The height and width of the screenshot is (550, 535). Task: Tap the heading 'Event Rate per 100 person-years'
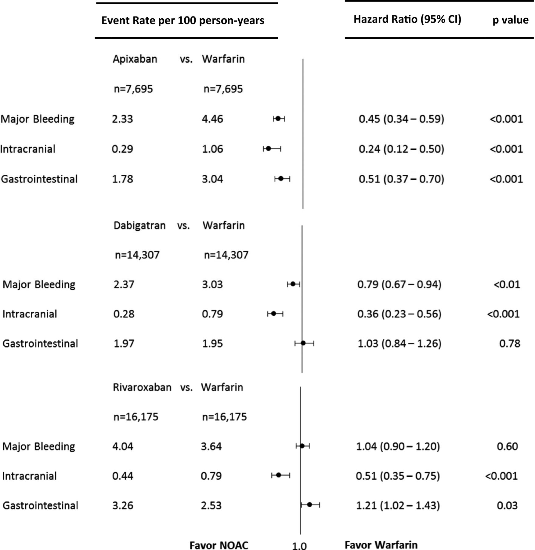[x=183, y=21]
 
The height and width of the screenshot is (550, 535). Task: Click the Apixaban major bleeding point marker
[x=278, y=119]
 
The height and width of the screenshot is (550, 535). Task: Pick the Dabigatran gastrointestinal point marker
[x=303, y=343]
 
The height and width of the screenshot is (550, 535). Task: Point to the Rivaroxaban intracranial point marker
[x=279, y=475]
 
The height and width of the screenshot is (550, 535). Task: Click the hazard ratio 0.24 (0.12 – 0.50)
[x=401, y=149]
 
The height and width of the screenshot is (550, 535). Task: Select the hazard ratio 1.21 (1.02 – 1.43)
[x=398, y=505]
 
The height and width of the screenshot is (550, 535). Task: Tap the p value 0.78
[x=510, y=344]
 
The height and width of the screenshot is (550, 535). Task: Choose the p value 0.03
[x=507, y=505]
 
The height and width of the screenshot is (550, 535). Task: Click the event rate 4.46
[x=212, y=119]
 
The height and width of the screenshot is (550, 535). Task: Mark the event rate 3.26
[x=123, y=505]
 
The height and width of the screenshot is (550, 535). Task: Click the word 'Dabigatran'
[x=139, y=226]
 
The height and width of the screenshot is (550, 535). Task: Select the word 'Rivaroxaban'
[x=142, y=387]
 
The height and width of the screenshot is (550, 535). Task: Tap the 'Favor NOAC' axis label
[x=219, y=545]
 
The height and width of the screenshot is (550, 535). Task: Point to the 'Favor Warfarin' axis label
[x=381, y=545]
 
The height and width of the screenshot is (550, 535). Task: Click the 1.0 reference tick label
[x=299, y=546]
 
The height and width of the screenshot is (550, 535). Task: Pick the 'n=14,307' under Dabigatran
[x=137, y=255]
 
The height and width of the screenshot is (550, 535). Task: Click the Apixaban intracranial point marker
[x=268, y=148]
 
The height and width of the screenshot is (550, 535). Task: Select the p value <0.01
[x=507, y=284]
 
